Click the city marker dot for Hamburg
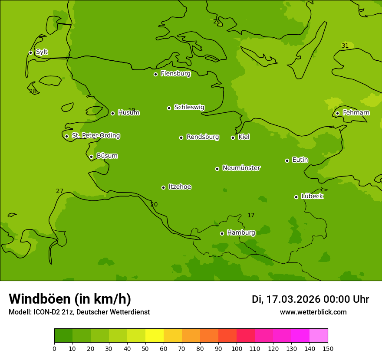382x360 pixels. pos(222,233)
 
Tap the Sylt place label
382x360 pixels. pos(42,52)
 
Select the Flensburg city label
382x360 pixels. pos(175,74)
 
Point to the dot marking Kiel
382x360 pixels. pos(233,137)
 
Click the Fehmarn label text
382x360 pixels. pos(356,113)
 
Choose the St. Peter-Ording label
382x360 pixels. pos(95,136)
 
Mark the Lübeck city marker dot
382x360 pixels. pos(296,197)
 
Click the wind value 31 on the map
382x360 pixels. pos(345,46)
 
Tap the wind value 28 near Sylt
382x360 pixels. pos(33,92)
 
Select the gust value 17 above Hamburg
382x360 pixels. pos(251,215)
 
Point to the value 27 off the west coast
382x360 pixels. pos(60,191)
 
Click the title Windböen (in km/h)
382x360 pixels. pos(70,299)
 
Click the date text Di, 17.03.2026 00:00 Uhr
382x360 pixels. pos(310,299)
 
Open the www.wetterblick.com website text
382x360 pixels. pos(313,312)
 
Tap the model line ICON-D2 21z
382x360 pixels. pos(79,312)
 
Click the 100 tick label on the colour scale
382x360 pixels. pos(237,348)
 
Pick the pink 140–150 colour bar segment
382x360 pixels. pos(319,336)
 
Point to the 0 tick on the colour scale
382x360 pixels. pos(54,348)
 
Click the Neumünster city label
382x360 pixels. pos(241,168)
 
